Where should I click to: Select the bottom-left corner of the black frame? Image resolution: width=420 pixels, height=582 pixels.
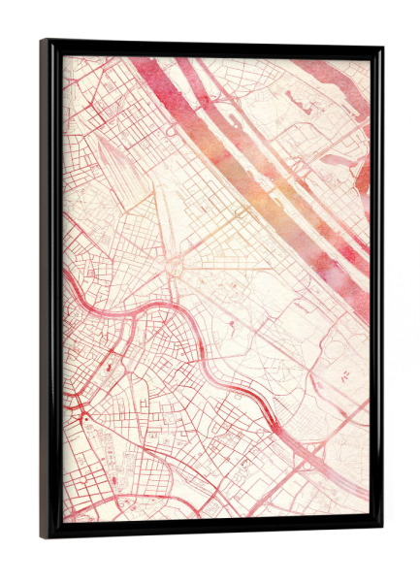44,534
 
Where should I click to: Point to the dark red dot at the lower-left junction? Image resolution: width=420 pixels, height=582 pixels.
84,417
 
